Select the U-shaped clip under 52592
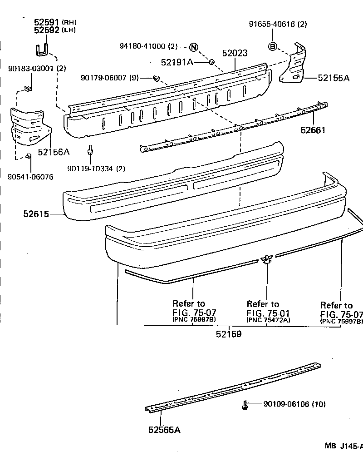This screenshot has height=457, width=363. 42,49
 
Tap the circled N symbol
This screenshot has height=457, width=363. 194,47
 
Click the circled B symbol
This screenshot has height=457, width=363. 273,46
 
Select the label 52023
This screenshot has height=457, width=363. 235,54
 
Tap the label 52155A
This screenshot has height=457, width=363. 334,78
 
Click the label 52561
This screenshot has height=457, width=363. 313,130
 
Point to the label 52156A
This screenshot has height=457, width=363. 53,152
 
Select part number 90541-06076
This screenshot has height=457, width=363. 30,177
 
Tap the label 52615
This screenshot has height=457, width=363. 36,213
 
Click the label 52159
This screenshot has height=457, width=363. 228,334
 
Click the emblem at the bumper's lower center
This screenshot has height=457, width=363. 265,259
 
